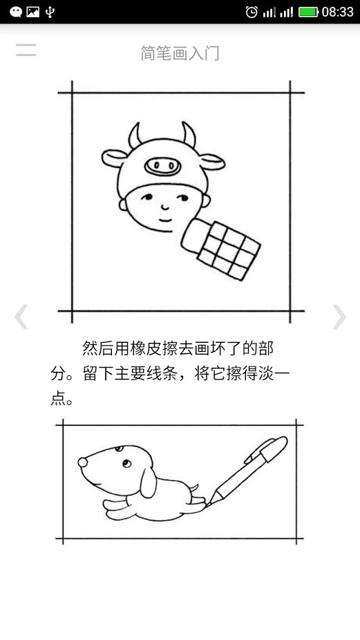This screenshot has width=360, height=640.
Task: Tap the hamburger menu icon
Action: tap(26, 50)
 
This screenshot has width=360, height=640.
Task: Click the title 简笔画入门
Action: tap(180, 53)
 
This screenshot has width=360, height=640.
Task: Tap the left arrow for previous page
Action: tap(21, 317)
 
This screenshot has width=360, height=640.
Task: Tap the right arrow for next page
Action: tap(339, 317)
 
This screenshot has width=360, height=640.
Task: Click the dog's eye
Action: tap(124, 463)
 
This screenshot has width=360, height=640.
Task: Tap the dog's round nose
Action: tap(82, 461)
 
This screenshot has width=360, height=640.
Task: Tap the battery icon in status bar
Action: tap(308, 12)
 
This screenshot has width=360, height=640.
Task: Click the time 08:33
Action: tap(338, 12)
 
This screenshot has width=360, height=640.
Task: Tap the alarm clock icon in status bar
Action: tap(252, 12)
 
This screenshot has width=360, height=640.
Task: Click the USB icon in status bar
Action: tap(50, 12)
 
